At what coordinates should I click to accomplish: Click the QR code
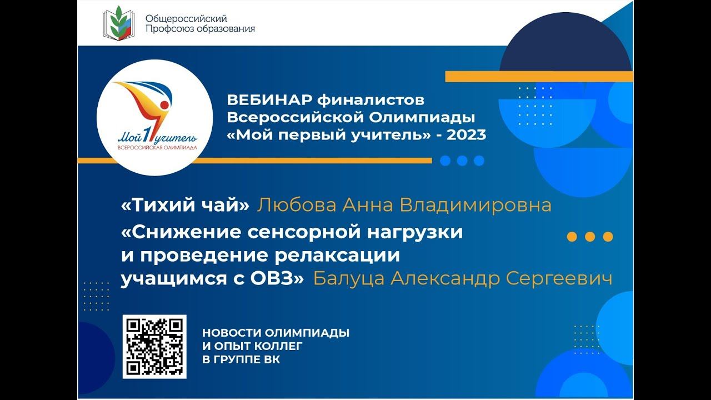(x=154, y=347)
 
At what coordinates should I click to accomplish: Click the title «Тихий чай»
(x=186, y=206)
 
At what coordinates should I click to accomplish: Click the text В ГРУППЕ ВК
(x=241, y=359)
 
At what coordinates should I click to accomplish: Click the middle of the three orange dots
(x=590, y=237)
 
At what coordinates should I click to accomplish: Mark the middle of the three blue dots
(x=462, y=161)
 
